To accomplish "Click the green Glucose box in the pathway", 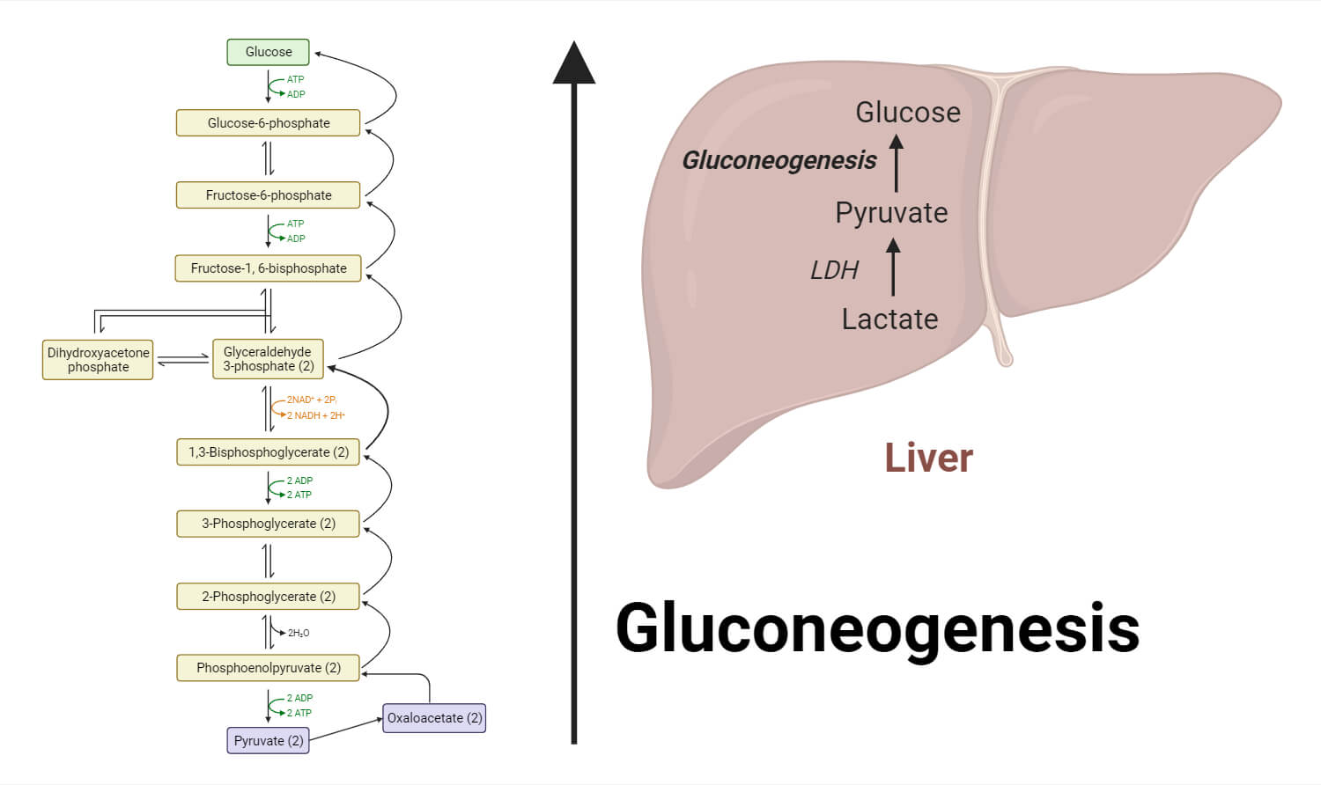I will click(268, 52).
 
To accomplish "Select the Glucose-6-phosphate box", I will click(268, 123).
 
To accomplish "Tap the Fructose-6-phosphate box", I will click(268, 195).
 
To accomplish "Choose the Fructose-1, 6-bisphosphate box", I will click(268, 268).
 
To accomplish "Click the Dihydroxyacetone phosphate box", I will click(98, 360).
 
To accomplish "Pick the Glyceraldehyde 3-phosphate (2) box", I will click(268, 359).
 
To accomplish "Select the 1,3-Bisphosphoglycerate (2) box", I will click(268, 452).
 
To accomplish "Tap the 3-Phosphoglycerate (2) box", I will click(268, 524).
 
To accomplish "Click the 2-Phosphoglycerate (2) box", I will click(268, 597).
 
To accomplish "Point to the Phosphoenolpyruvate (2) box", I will click(268, 668).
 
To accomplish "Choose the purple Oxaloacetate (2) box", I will click(434, 718).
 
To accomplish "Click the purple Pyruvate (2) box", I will click(268, 741).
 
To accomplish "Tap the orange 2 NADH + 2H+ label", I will click(315, 415).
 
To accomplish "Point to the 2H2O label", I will click(299, 633).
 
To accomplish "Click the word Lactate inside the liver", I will click(889, 319).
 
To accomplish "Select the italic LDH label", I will click(833, 270).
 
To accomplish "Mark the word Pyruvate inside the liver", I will click(891, 213).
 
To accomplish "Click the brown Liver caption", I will click(928, 459).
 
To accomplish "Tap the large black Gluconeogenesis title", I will click(877, 628).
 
